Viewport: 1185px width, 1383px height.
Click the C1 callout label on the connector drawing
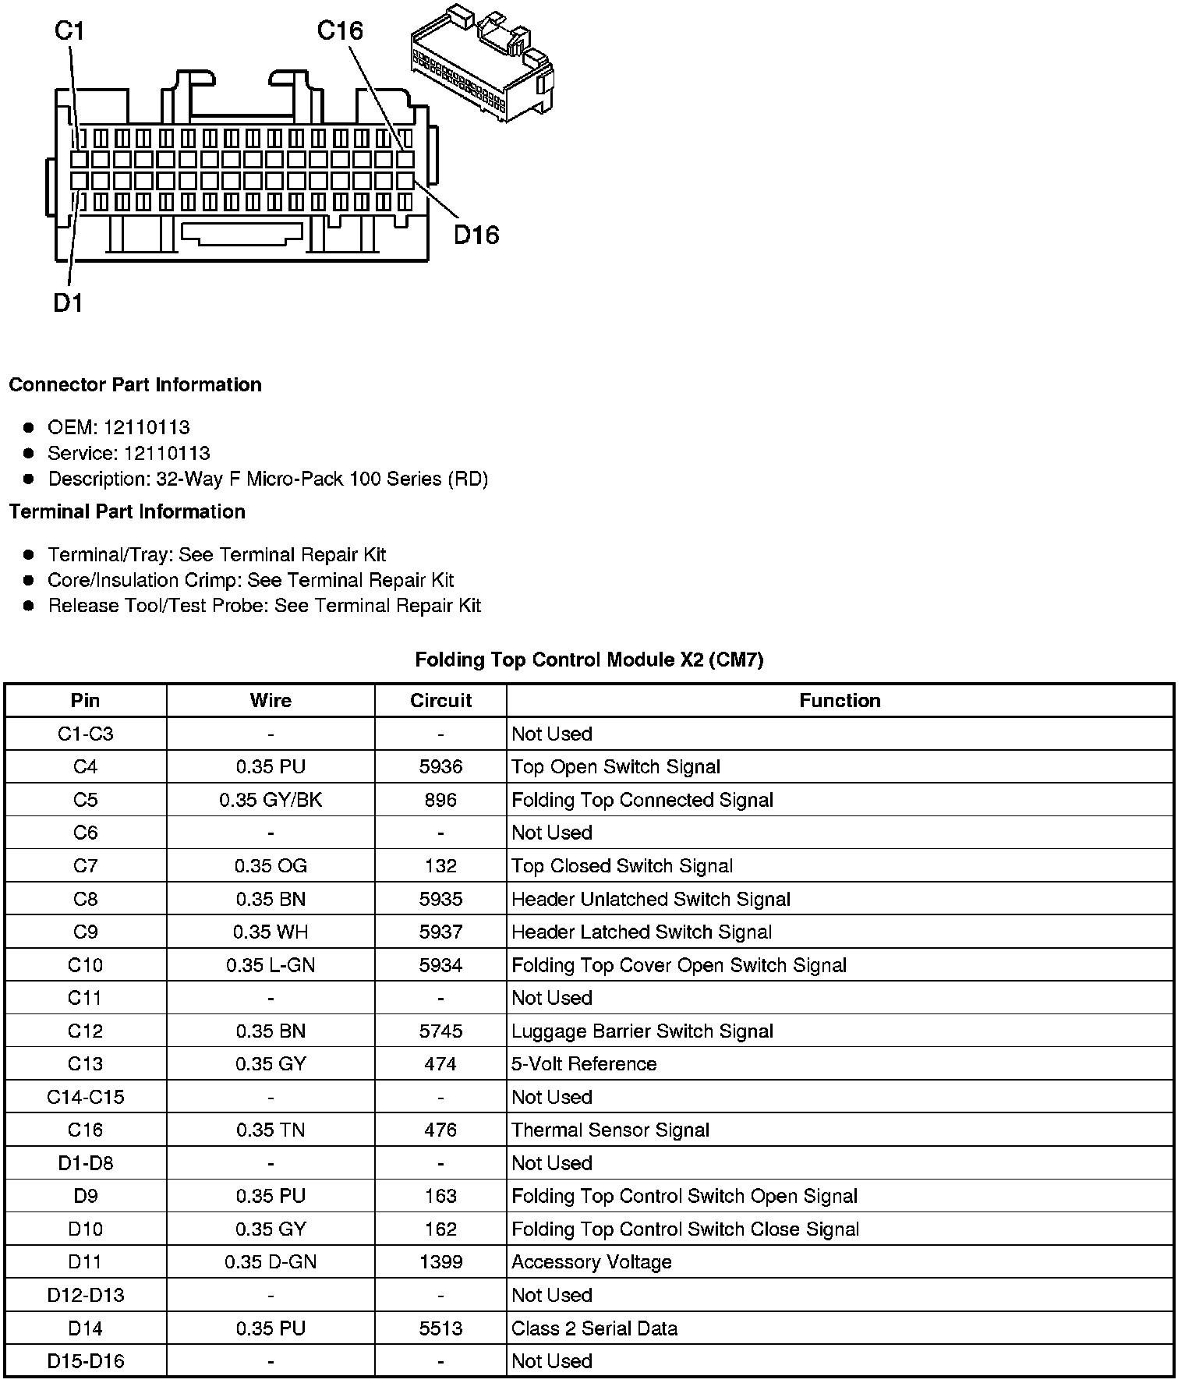tap(69, 31)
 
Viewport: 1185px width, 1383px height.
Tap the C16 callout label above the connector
tap(340, 31)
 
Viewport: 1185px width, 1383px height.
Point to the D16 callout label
tap(476, 235)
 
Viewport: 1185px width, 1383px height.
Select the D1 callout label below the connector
tap(68, 302)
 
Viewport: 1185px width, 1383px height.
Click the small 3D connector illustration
tap(481, 62)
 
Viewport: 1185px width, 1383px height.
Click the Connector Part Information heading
tap(135, 385)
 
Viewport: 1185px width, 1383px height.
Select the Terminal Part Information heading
tap(127, 512)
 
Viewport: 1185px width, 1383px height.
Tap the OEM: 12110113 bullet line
tap(118, 427)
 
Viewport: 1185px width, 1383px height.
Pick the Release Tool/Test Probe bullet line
tap(264, 606)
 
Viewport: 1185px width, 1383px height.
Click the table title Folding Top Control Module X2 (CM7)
tap(589, 660)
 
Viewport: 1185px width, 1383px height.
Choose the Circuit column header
tap(440, 701)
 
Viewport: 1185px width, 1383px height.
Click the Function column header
tap(840, 701)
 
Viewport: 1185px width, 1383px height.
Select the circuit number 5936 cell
tap(440, 767)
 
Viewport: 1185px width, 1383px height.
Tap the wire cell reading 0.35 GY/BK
tap(271, 801)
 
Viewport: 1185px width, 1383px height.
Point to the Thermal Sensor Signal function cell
tap(610, 1130)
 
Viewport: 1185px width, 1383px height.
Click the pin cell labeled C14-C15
tap(85, 1098)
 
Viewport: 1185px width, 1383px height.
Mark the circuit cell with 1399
tap(440, 1262)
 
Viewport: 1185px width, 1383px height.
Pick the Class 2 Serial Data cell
tap(594, 1328)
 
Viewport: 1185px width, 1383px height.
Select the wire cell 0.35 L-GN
tap(271, 965)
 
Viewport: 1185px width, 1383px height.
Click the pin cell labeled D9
tap(85, 1197)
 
